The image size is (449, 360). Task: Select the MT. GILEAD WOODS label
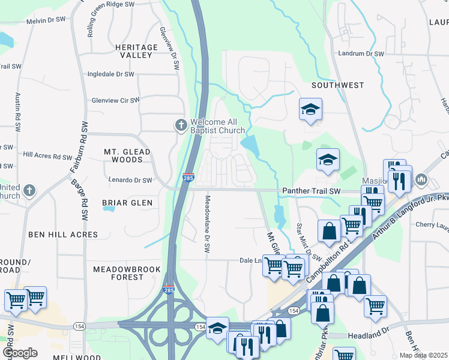click(123, 156)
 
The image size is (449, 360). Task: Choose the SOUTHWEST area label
click(337, 85)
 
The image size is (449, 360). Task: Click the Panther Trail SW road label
click(310, 191)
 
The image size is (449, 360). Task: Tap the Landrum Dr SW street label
click(360, 53)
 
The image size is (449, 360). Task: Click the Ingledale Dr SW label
click(111, 74)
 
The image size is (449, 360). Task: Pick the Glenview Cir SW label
click(115, 100)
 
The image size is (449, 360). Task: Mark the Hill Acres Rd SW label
click(47, 156)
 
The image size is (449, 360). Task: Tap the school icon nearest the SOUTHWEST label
click(310, 110)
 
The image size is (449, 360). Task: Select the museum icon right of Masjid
click(421, 179)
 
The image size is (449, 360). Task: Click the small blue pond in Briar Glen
click(109, 209)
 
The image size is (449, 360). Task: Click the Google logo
click(20, 353)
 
